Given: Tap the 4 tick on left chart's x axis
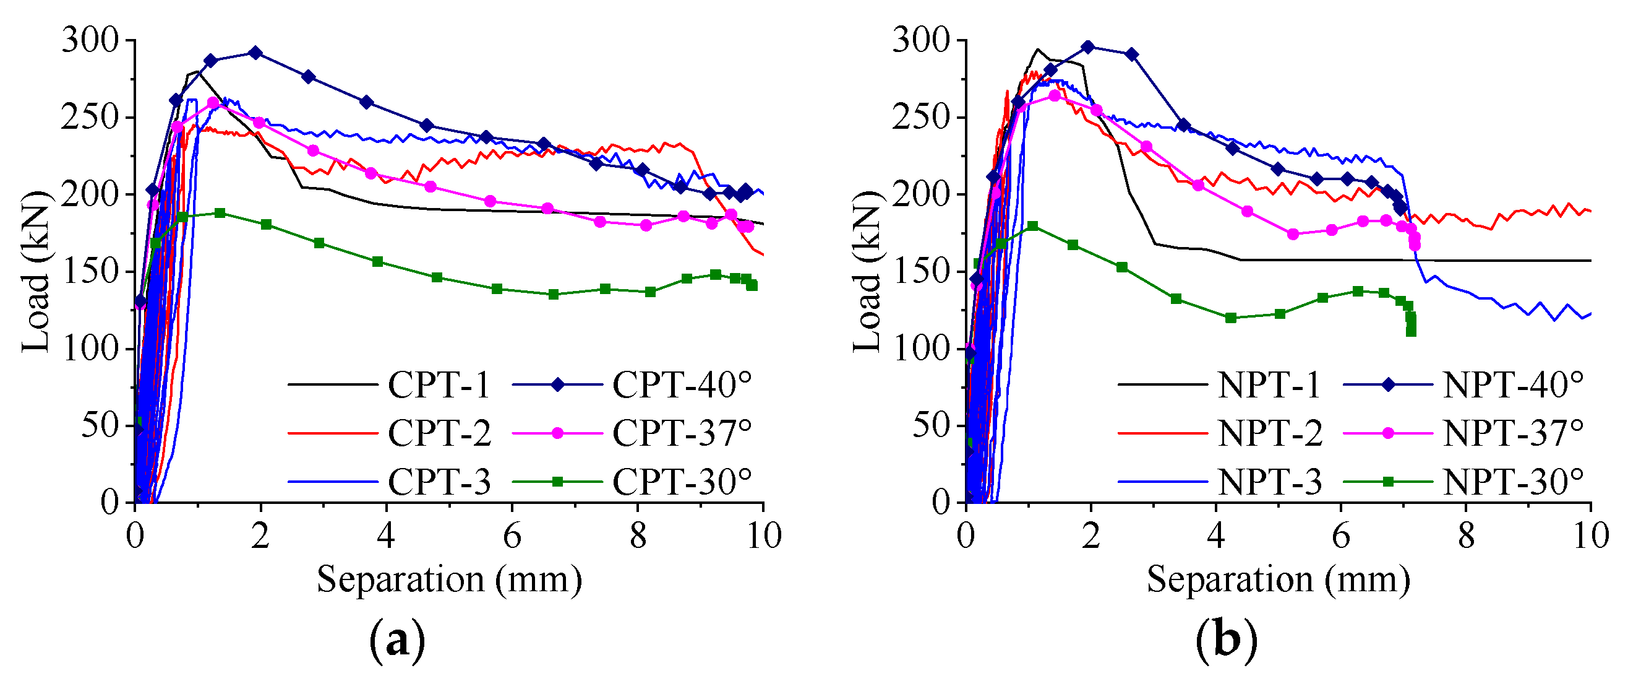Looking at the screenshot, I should point(386,536).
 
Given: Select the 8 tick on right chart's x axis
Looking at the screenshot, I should point(1466,536).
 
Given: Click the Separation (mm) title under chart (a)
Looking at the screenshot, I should point(448,579).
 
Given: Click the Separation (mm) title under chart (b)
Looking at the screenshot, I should point(1279,579).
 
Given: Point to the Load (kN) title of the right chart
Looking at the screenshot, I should point(867,272).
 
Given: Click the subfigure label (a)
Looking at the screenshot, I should point(397,642).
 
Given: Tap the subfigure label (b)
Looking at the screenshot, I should point(1227,642).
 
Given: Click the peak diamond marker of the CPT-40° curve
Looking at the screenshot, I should point(255,53).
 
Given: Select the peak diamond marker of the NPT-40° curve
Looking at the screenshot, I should point(1087,47).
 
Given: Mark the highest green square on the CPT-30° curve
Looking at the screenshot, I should point(220,213).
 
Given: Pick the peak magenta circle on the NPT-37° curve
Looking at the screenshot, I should point(1055,95).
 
